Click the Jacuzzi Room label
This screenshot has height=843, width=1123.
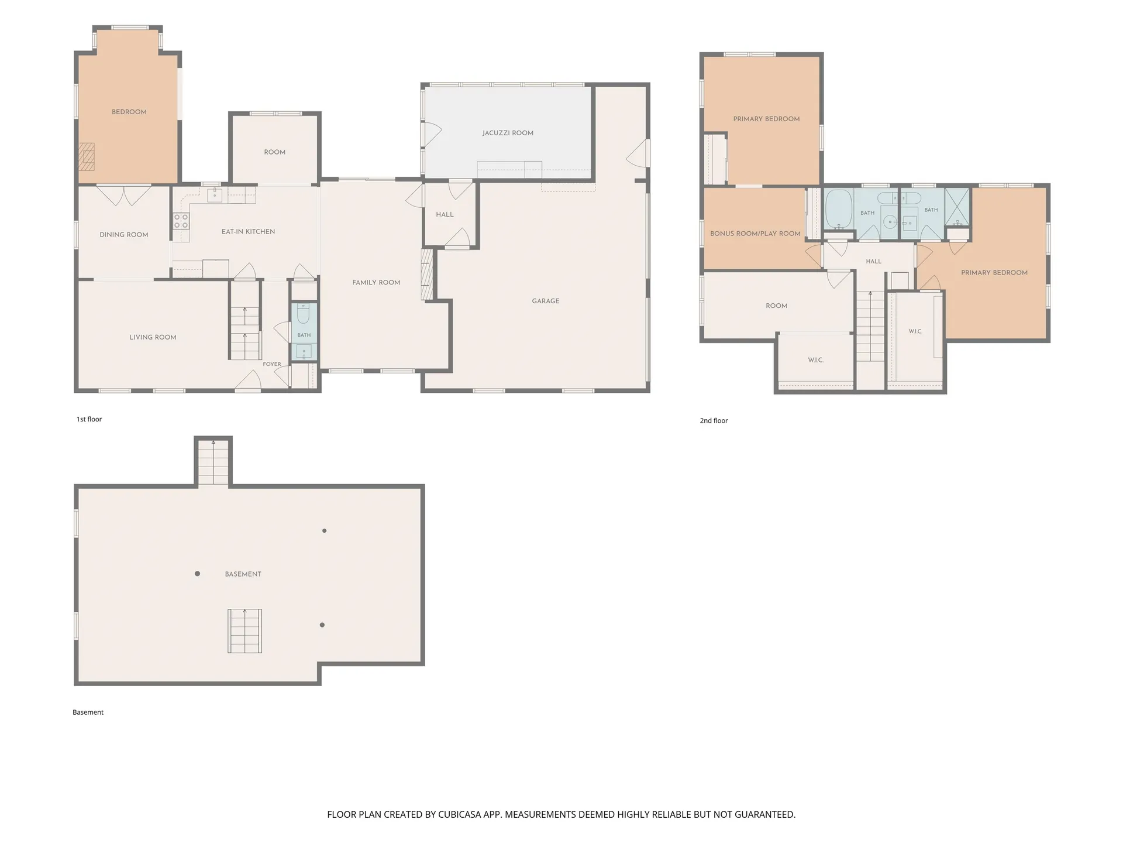(508, 133)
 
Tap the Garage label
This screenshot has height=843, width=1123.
(546, 301)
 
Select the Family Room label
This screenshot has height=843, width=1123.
(376, 282)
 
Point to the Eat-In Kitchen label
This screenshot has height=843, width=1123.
(248, 231)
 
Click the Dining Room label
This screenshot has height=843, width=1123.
(124, 235)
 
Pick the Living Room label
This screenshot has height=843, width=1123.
(153, 337)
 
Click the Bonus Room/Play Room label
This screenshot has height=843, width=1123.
(755, 234)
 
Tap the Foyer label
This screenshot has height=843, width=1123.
(272, 364)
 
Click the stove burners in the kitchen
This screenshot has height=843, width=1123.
(181, 221)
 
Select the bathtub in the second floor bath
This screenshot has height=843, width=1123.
(839, 209)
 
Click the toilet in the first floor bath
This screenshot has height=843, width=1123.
(304, 315)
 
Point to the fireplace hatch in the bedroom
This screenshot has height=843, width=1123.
(87, 156)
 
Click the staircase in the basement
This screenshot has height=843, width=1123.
(244, 631)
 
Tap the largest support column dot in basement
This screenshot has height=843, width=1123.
(198, 574)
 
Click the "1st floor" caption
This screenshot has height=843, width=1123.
(89, 419)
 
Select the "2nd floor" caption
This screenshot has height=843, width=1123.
(714, 420)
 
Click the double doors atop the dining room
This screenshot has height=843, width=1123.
(123, 196)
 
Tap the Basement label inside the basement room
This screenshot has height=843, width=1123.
(243, 574)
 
